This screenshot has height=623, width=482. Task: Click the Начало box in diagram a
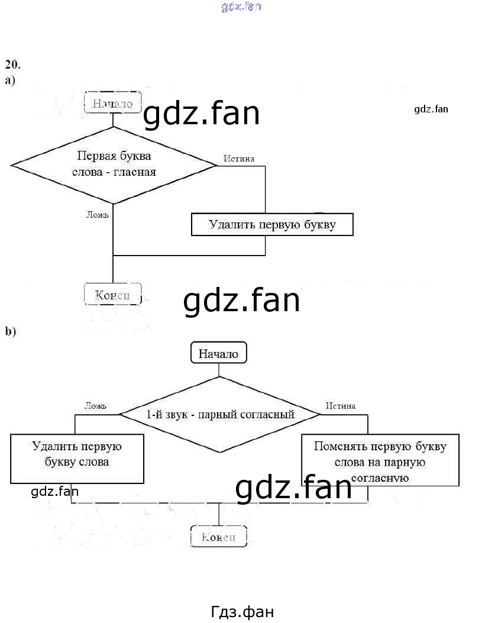point(112,103)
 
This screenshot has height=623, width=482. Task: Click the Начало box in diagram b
point(218,354)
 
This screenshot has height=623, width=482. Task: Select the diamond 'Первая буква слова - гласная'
point(114,164)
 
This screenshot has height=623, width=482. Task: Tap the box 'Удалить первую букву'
point(272,225)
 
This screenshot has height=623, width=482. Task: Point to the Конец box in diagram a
point(112,294)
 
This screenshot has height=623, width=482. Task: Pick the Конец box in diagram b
point(218,537)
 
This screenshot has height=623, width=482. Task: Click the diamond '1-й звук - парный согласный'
point(220,414)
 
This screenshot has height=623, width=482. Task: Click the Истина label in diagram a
point(239,159)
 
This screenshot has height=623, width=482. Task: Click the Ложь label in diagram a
point(98,214)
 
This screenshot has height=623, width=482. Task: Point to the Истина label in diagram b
point(341,406)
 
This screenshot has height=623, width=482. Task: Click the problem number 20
point(12,64)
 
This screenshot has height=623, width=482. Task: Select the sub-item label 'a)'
point(10,80)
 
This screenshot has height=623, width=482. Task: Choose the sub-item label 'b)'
point(11,331)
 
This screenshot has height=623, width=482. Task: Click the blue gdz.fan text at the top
point(241,7)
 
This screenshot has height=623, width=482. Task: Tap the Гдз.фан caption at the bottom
point(242,611)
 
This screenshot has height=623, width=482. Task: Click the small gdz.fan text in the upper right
point(431,109)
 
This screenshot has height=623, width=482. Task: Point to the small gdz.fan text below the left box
point(54,491)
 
